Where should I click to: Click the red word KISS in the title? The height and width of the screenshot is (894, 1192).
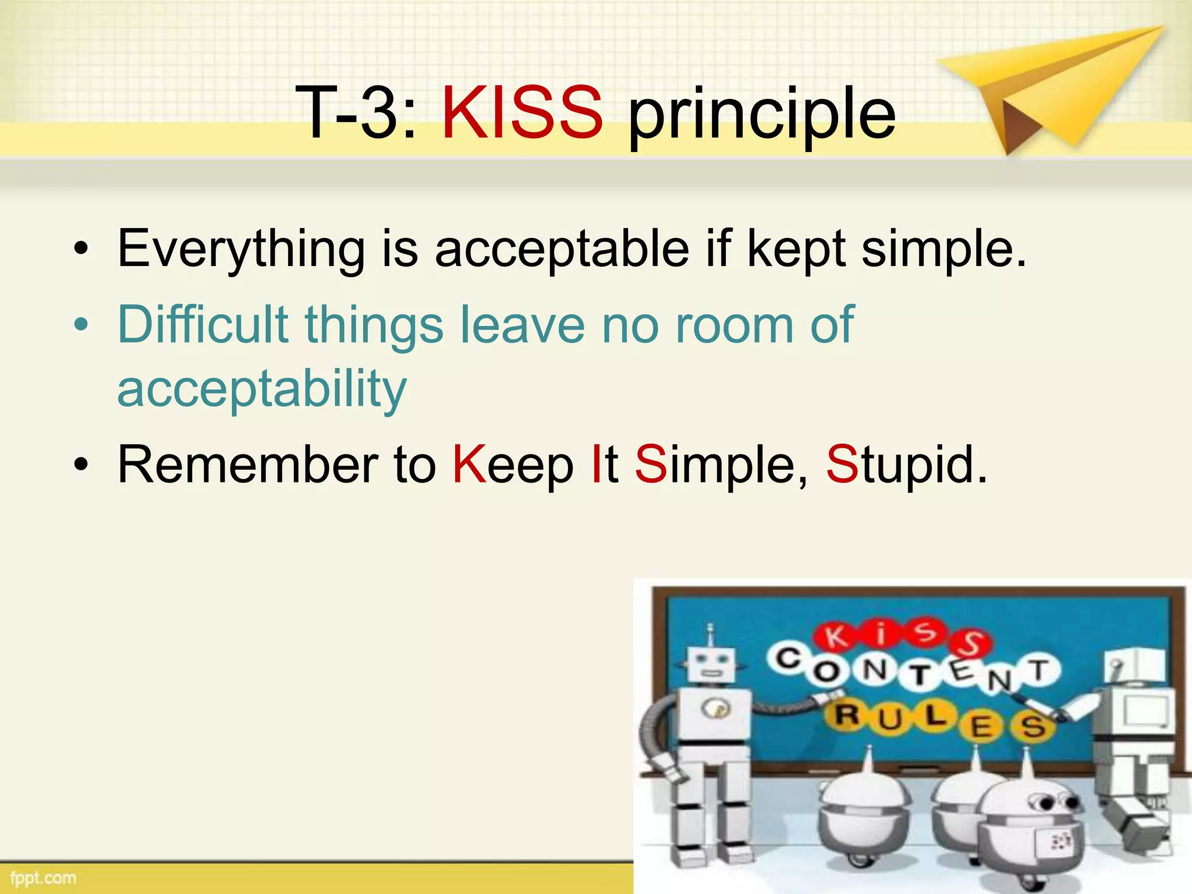coord(522,112)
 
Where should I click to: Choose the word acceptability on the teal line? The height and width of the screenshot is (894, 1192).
coord(262,389)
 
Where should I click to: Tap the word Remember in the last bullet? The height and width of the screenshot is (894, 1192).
coord(248,464)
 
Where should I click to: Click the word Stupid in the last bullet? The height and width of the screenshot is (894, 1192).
coord(906,464)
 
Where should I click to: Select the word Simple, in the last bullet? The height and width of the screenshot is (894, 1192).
coord(721,464)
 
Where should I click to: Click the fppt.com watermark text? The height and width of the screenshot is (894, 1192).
coord(43,878)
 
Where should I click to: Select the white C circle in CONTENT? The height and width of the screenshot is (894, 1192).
coord(789,659)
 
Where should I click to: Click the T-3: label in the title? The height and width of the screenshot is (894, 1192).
coord(356,112)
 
